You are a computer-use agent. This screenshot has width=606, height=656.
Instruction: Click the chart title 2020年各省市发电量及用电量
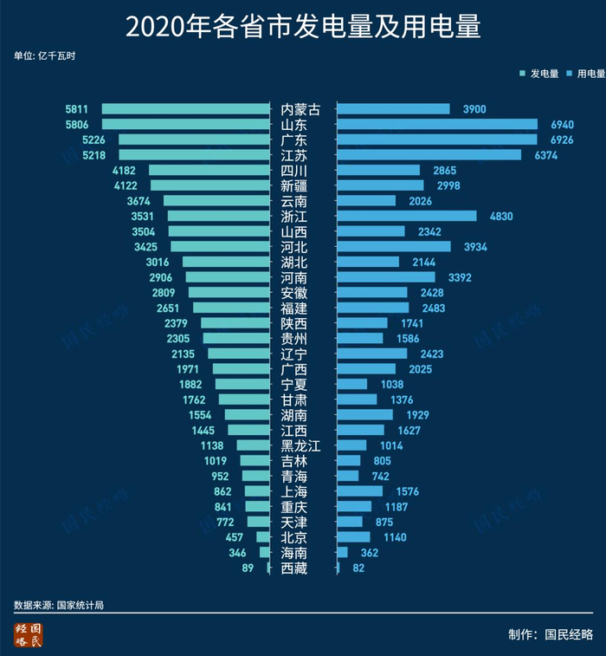302,27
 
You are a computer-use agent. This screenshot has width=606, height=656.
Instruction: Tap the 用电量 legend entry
585,75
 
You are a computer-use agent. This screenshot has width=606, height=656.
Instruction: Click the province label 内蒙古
300,109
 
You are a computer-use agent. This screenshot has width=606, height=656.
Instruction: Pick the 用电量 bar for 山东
436,125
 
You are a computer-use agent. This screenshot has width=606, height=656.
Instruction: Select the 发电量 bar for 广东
194,140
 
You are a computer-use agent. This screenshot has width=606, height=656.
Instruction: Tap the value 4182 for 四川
125,171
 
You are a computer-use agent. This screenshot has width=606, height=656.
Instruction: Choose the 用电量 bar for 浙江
406,216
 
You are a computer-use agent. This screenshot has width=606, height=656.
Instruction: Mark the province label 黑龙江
300,445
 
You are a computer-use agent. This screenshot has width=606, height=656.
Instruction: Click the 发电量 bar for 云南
216,201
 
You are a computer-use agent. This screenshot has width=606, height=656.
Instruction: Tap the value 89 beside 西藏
248,568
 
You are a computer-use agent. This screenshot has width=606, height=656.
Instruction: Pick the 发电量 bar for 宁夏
242,384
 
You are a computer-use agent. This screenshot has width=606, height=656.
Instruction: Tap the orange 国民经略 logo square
28,634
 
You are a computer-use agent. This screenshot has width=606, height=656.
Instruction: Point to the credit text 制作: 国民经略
551,634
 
